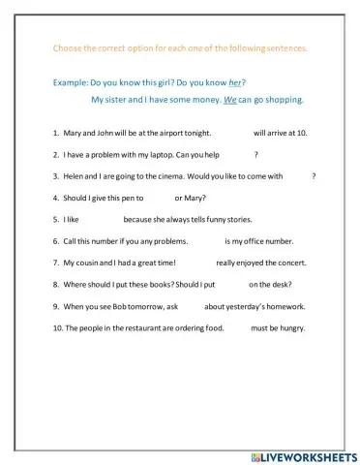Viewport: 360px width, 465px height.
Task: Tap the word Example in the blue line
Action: pos(69,84)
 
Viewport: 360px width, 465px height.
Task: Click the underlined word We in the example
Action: pos(229,100)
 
